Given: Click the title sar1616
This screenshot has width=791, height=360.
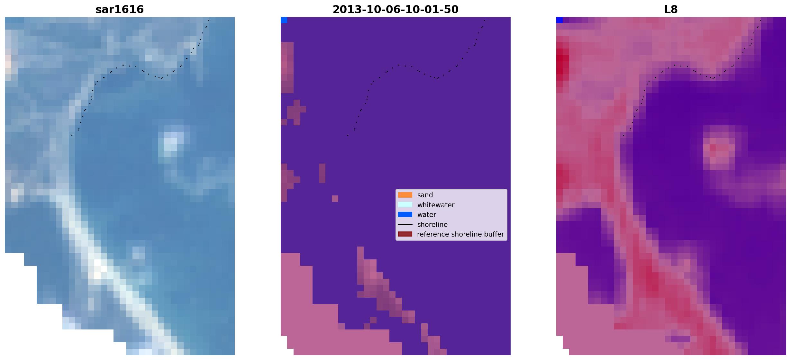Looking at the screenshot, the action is coord(120,9).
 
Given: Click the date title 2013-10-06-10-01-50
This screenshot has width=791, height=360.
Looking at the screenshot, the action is coord(395,9).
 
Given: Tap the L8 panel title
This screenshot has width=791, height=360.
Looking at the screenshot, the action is coord(671,9).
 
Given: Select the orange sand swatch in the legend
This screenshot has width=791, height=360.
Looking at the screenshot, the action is coord(405,195).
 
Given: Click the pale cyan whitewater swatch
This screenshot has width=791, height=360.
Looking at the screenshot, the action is coord(405,205).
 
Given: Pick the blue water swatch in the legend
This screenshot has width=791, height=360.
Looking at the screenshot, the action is coord(405,214).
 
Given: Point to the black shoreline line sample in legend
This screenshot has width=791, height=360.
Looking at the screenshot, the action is coord(405,224).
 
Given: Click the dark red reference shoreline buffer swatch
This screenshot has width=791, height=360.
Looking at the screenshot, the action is coord(405,234).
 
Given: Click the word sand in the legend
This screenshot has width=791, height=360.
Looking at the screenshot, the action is coord(425,195).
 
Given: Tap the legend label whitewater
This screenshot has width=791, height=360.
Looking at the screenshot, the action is coord(436,205).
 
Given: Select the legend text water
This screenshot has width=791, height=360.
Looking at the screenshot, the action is coord(427,215).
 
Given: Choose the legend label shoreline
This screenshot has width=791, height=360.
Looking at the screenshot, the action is coord(432,225).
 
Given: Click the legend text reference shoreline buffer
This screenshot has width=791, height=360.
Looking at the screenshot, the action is coord(460,234).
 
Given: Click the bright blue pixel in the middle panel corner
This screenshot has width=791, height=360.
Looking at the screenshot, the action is coord(284,20).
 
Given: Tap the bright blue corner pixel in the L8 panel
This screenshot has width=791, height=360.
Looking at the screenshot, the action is coord(559,20).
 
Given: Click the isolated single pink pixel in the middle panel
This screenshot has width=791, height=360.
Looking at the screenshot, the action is coord(335,199).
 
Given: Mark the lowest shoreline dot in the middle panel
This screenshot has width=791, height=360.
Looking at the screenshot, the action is coord(348,135).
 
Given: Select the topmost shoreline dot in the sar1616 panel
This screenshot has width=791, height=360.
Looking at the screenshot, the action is coord(209,20).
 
